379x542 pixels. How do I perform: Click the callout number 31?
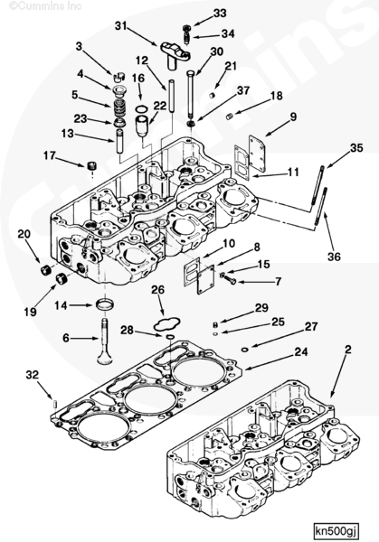(121, 26)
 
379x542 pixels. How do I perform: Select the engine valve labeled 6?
(105, 341)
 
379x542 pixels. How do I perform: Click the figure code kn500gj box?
(336, 530)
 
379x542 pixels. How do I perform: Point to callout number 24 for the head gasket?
(301, 352)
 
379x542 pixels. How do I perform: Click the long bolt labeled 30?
(192, 94)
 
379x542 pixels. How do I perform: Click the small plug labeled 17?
(91, 165)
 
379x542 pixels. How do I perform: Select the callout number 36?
(335, 257)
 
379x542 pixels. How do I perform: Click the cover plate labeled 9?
(257, 154)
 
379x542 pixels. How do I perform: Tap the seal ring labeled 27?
(244, 350)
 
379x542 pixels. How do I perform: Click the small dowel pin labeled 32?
(55, 403)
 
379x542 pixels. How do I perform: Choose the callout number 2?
(348, 350)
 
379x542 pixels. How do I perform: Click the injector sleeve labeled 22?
(142, 126)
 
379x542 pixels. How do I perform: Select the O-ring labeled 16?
(141, 109)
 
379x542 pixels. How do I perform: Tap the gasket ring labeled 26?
(166, 323)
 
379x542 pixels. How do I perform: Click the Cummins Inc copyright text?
(45, 6)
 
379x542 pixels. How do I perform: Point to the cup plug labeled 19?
(62, 278)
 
